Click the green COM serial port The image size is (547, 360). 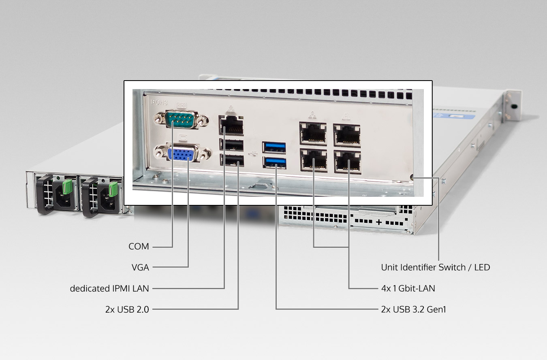(x=181, y=119)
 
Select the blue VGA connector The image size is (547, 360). (x=183, y=153)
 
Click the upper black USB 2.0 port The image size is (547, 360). (x=231, y=145)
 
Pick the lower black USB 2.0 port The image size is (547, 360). (x=232, y=160)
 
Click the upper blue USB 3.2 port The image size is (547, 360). (x=274, y=147)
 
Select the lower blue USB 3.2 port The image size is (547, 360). (x=274, y=162)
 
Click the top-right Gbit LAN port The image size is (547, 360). (x=347, y=135)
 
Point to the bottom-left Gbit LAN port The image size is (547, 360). (x=314, y=160)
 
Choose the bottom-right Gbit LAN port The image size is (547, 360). (x=348, y=162)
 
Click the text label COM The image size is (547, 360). (x=139, y=247)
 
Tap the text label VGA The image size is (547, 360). (x=140, y=268)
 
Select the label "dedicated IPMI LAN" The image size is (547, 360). (x=109, y=288)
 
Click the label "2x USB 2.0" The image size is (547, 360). (x=127, y=309)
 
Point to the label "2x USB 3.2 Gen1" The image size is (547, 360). (x=414, y=309)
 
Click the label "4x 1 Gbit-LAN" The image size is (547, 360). (x=408, y=288)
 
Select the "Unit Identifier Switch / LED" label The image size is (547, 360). (x=436, y=268)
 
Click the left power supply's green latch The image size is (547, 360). (x=67, y=187)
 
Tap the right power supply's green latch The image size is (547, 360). (x=113, y=189)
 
